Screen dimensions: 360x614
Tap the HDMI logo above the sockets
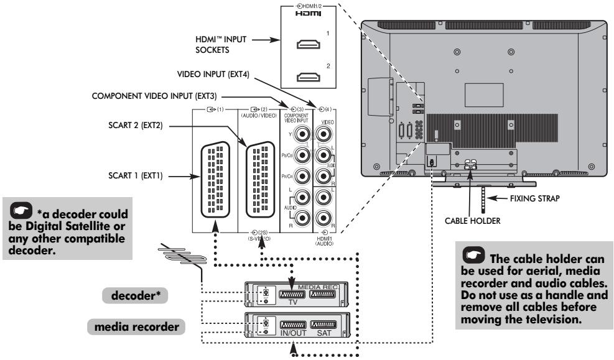pos(305,12)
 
